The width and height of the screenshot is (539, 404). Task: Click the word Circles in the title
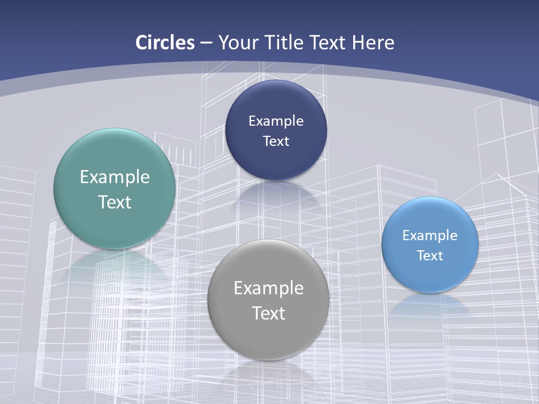point(165,43)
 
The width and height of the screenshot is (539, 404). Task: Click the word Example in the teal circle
point(115,177)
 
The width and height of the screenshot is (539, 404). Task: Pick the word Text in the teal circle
point(115,202)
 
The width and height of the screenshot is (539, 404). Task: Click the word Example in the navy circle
point(276,121)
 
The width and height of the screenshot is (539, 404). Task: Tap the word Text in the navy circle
point(276,141)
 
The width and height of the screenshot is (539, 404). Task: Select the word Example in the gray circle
point(268,288)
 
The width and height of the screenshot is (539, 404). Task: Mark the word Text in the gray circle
point(268,313)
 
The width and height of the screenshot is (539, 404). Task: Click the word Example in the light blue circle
point(430,235)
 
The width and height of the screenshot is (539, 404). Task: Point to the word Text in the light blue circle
point(430,255)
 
